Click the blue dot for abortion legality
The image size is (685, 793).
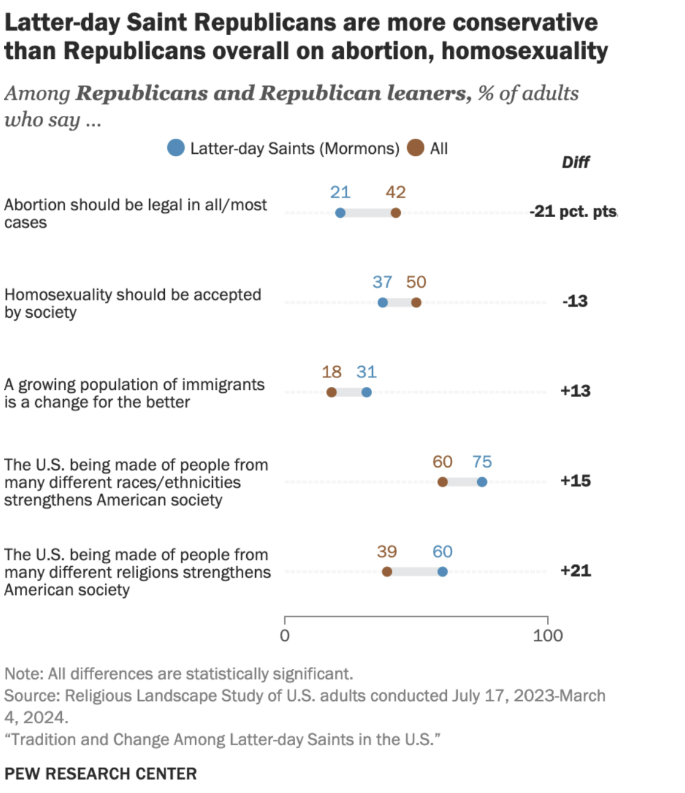point(340,213)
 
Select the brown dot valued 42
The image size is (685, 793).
point(395,213)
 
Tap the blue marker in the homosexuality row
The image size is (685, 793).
point(383,303)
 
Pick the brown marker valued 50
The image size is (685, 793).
point(416,303)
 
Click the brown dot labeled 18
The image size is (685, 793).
point(332,392)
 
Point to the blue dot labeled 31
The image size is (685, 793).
point(366,392)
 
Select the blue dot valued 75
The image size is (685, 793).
point(482,482)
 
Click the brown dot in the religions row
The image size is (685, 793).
point(387,572)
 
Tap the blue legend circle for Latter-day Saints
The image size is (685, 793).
point(176,148)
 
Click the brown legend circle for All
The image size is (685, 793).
point(415,148)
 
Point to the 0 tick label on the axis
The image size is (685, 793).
point(284,636)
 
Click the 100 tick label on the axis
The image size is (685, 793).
point(547,636)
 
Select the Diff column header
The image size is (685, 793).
point(575,162)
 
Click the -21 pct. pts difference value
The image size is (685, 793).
point(573,212)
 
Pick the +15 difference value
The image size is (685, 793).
point(575,481)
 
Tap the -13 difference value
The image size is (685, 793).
point(575,301)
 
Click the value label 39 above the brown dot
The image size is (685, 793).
point(387,552)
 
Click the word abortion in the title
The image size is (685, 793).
point(383,51)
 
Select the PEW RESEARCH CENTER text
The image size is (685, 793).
point(101,774)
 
